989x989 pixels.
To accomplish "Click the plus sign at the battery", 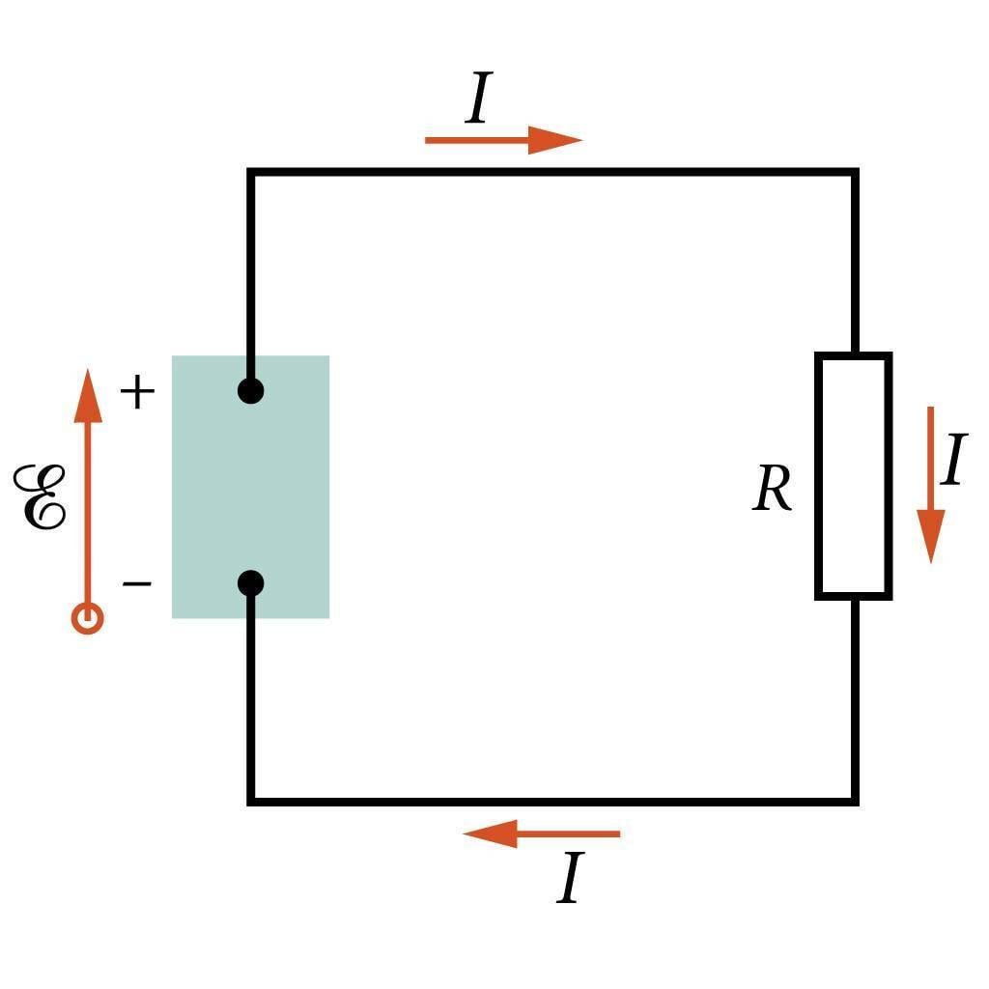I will (x=137, y=392).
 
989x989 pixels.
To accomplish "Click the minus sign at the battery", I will (x=137, y=583).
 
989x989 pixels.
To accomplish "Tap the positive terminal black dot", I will (x=251, y=391).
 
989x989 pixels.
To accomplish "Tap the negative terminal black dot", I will (x=251, y=583).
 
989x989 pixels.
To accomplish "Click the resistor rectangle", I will (x=854, y=476).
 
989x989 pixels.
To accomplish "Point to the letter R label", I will (x=772, y=490).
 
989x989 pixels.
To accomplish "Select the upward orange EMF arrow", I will (x=88, y=483).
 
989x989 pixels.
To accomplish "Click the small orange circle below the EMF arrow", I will (x=88, y=618).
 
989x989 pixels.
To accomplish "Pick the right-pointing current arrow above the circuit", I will (x=502, y=140).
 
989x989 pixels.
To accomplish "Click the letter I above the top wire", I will (x=479, y=99).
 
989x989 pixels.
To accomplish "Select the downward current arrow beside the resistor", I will (x=930, y=483).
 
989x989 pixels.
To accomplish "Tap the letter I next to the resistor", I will (x=953, y=461).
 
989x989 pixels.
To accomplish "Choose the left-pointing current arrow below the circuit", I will (x=541, y=834).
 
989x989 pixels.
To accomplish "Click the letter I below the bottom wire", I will (x=571, y=879).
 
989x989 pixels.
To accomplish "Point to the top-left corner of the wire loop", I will (x=251, y=173).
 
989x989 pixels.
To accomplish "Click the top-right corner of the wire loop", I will (x=855, y=173).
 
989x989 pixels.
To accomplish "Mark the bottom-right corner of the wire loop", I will (x=855, y=801).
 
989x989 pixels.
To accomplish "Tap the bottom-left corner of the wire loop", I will (x=251, y=801).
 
